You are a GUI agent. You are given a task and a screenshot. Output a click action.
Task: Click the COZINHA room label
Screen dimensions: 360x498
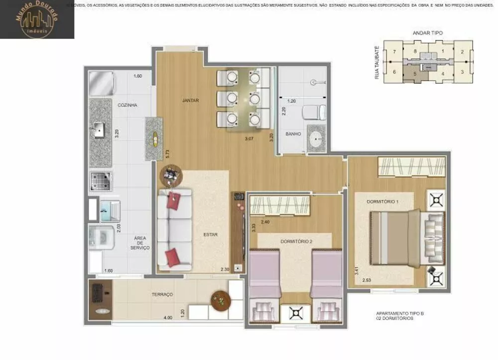pos(127,105)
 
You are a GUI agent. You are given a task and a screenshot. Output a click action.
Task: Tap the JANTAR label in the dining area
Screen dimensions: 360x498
pos(190,100)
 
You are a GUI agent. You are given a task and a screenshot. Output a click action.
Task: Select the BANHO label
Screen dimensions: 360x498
pos(292,134)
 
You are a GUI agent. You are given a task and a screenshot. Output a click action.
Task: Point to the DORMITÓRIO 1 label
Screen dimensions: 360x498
pos(382,201)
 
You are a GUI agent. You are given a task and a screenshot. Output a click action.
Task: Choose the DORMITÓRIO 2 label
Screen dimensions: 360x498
pos(296,241)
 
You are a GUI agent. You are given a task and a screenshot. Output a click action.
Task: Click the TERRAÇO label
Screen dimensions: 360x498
pos(162,295)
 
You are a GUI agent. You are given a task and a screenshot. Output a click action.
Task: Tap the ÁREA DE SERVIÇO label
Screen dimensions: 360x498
pos(140,242)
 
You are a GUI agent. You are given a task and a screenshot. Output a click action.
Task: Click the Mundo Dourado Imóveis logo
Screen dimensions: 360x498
pos(37,19)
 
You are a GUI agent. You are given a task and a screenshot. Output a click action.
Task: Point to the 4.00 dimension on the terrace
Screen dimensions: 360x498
pos(168,318)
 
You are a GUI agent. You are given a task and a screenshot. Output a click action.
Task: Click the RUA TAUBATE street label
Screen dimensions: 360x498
pos(377,63)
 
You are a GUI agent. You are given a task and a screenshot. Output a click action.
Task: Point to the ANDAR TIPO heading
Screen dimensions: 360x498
pos(427,33)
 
